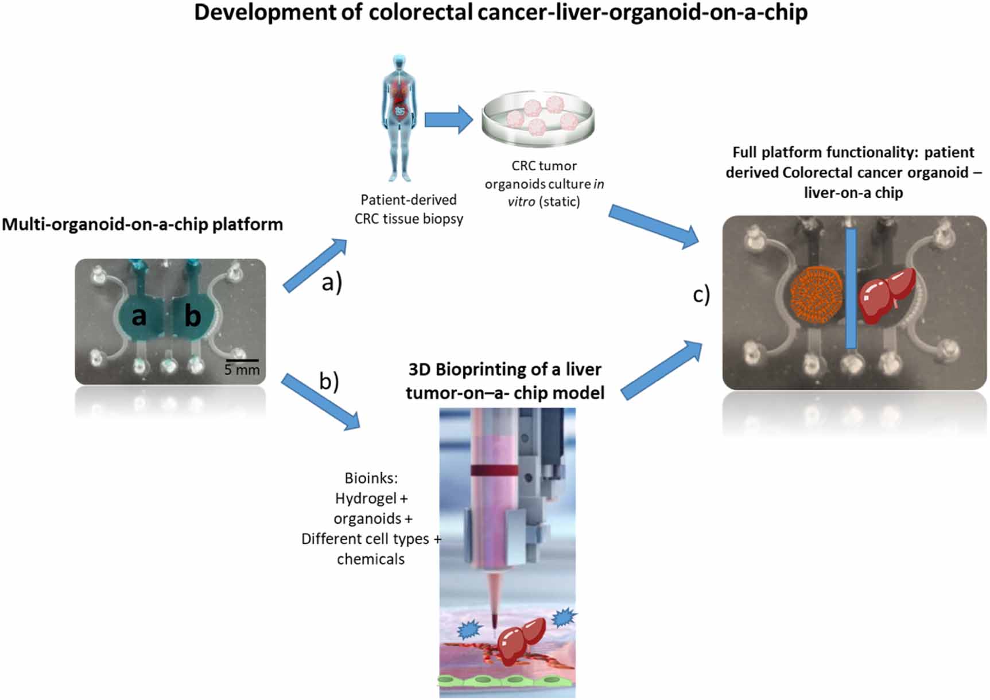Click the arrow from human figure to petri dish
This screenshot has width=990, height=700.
(448, 119)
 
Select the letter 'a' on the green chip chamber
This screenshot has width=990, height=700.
(139, 316)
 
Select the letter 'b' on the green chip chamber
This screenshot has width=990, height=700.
(192, 316)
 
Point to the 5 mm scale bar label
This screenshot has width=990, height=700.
(242, 370)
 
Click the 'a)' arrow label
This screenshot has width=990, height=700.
(332, 282)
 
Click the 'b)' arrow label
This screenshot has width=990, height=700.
(329, 381)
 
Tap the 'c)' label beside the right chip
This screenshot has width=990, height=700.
(701, 294)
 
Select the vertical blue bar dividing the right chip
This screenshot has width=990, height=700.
(851, 289)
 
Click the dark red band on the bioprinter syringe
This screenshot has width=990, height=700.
(494, 470)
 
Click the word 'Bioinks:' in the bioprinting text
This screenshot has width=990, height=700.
(371, 477)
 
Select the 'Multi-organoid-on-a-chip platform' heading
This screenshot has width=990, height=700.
(142, 224)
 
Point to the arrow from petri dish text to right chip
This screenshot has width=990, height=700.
(654, 226)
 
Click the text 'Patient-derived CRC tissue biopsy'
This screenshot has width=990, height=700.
(408, 209)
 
